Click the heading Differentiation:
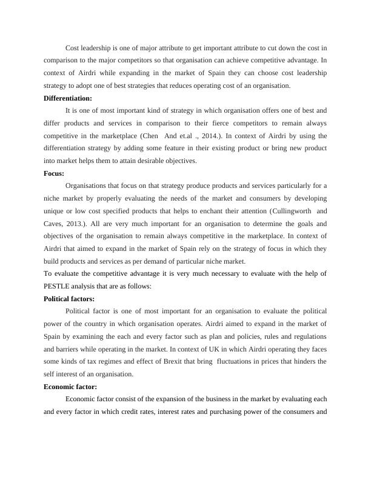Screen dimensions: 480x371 point(69,98)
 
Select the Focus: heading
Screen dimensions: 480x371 point(58,173)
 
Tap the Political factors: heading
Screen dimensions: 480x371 point(70,299)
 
